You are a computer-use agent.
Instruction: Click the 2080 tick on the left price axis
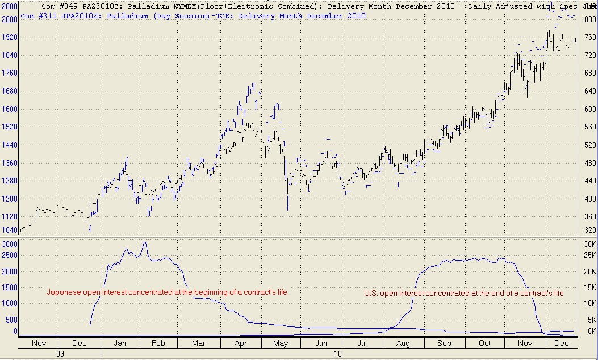(x=9, y=5)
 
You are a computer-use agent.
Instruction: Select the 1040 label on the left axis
(x=9, y=231)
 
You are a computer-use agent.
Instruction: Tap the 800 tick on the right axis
(x=589, y=19)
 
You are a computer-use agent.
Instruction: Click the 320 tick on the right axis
(x=589, y=231)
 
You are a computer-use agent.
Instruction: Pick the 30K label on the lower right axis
(x=589, y=244)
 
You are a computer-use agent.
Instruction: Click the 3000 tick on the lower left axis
(x=9, y=244)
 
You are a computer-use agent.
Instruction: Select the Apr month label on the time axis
(x=240, y=344)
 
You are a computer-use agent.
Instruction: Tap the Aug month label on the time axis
(x=402, y=344)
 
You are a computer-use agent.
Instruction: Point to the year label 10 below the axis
(x=337, y=354)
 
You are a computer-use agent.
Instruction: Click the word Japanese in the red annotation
(x=62, y=292)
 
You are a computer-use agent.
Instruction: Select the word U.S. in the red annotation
(x=371, y=293)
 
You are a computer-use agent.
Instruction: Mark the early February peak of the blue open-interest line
(x=144, y=242)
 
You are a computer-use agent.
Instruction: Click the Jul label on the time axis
(x=362, y=344)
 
